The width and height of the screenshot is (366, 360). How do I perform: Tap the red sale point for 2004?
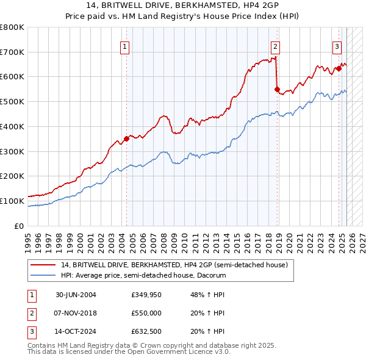pos(127,139)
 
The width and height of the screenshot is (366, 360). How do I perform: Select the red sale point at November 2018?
pos(277,89)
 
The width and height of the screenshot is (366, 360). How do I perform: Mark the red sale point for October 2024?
pos(339,68)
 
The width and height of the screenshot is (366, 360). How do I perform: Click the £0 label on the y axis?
pos(18,226)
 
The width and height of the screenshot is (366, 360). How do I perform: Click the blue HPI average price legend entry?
pos(143,275)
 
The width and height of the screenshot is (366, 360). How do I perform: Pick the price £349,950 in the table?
pos(146,295)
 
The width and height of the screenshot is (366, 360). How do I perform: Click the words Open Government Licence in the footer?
pos(181,352)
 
